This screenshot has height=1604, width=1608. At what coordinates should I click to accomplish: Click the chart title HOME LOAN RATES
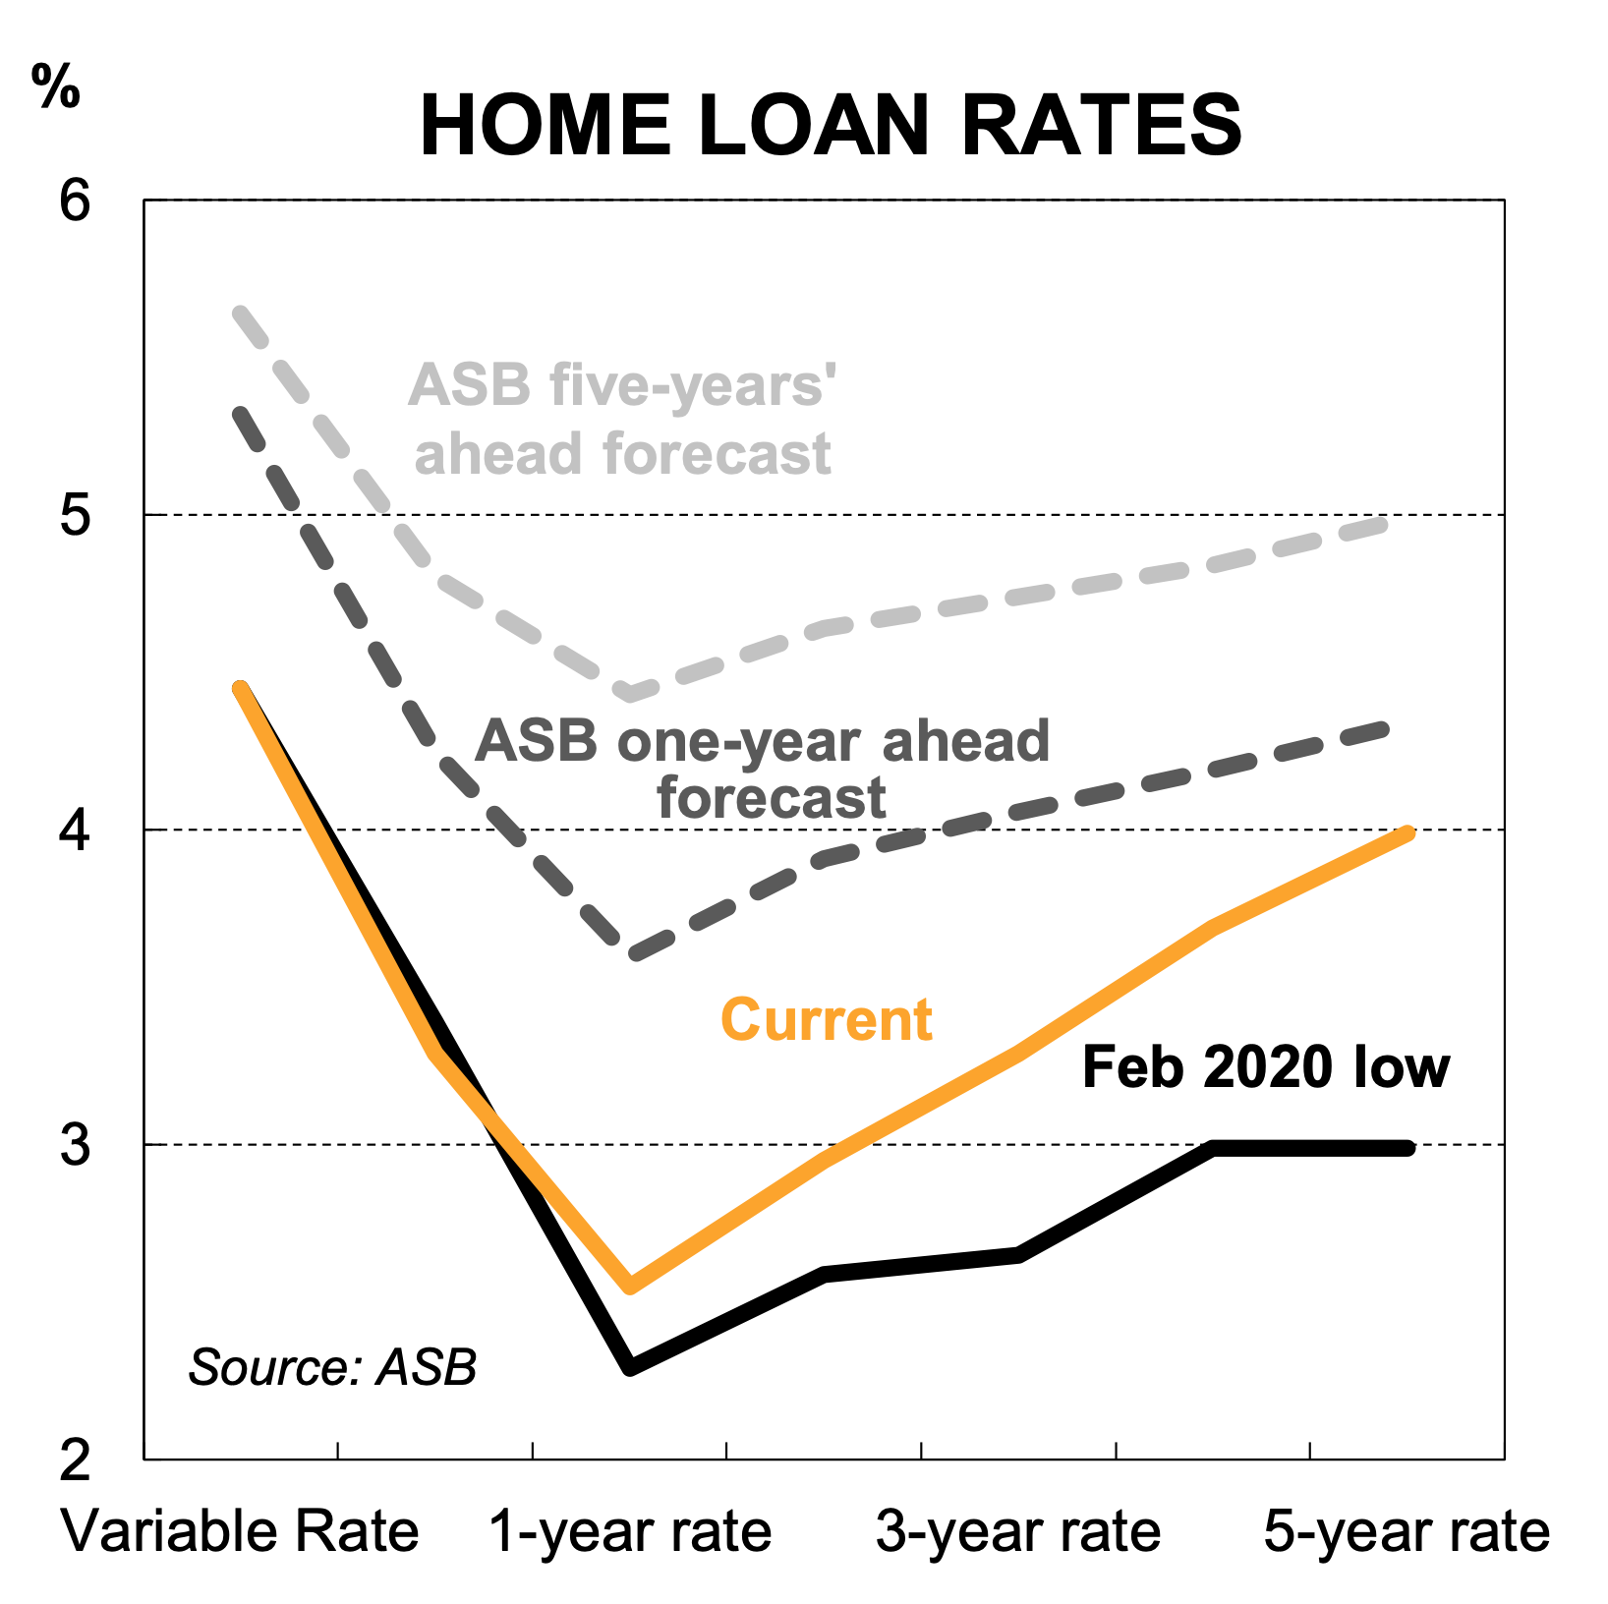[x=831, y=125]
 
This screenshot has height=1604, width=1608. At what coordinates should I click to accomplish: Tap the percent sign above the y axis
[x=55, y=86]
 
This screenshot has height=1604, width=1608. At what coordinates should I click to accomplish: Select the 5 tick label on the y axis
[x=75, y=515]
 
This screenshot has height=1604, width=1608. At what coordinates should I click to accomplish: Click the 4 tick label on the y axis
[x=75, y=831]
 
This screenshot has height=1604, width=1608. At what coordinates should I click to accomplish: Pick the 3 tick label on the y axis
[x=75, y=1145]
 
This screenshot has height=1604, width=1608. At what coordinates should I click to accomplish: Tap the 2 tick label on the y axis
[x=75, y=1461]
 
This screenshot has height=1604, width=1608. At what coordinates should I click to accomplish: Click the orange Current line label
[x=827, y=1019]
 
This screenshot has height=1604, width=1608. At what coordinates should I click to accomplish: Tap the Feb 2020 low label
[x=1266, y=1066]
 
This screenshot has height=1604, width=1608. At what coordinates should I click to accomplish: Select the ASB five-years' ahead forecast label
[x=622, y=420]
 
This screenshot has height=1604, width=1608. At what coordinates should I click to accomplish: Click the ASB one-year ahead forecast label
[x=763, y=769]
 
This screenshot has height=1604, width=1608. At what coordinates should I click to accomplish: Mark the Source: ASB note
[x=332, y=1367]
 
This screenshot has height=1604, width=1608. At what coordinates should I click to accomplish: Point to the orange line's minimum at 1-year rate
[x=630, y=1287]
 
